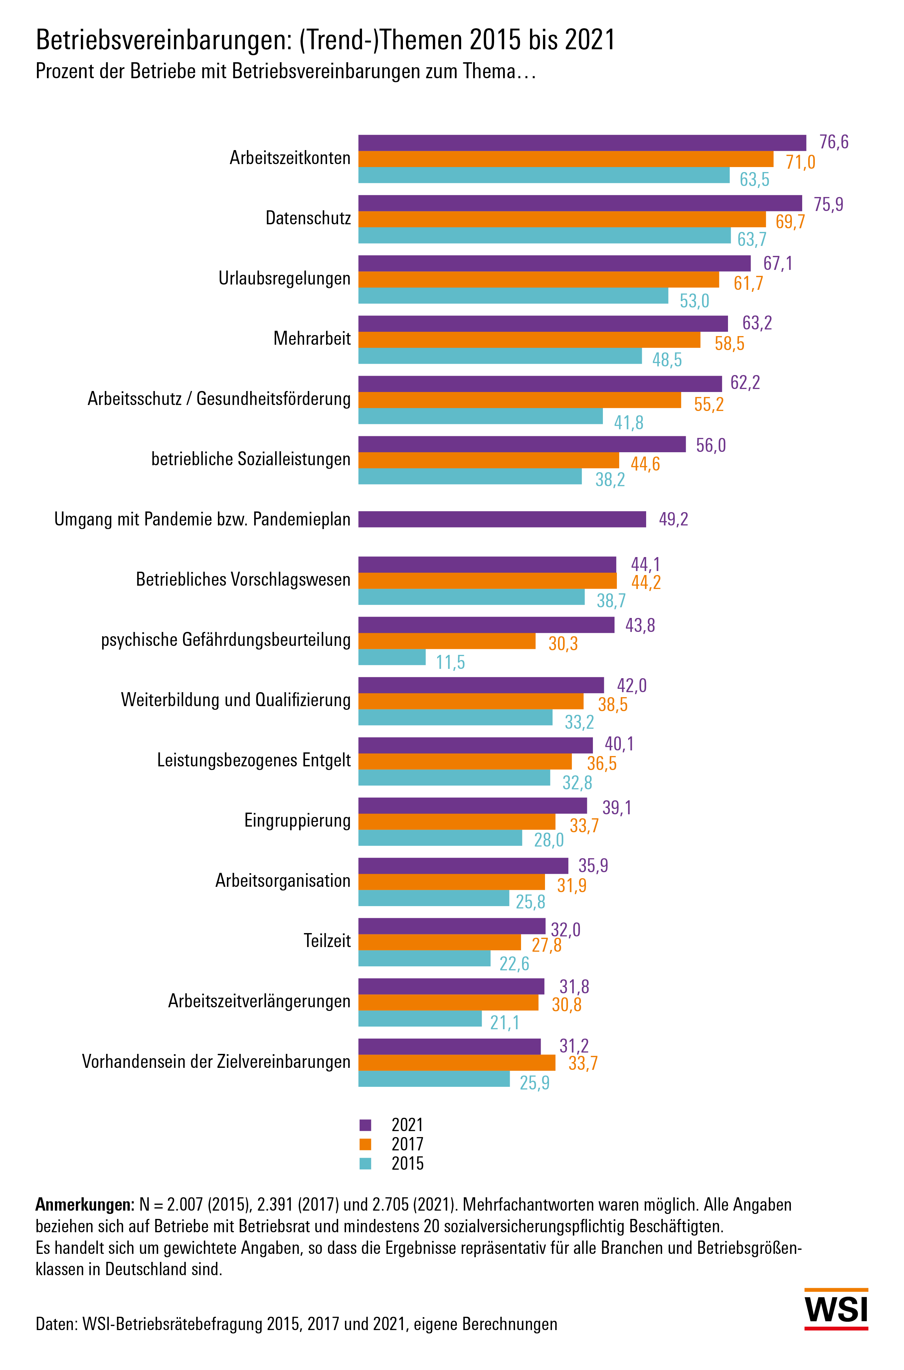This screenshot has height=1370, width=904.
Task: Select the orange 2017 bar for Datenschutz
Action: (x=562, y=219)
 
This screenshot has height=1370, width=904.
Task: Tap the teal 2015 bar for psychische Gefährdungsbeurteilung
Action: (x=392, y=657)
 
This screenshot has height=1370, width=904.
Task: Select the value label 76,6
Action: (x=834, y=142)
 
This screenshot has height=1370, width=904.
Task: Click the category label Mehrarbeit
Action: (x=312, y=338)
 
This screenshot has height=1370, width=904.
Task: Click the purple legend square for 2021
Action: (x=365, y=1125)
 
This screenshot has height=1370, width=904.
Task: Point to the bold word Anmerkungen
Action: (x=84, y=1205)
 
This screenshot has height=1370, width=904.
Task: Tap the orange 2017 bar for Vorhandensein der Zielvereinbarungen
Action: (x=456, y=1062)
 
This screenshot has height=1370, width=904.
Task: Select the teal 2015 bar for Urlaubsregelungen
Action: (x=513, y=296)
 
